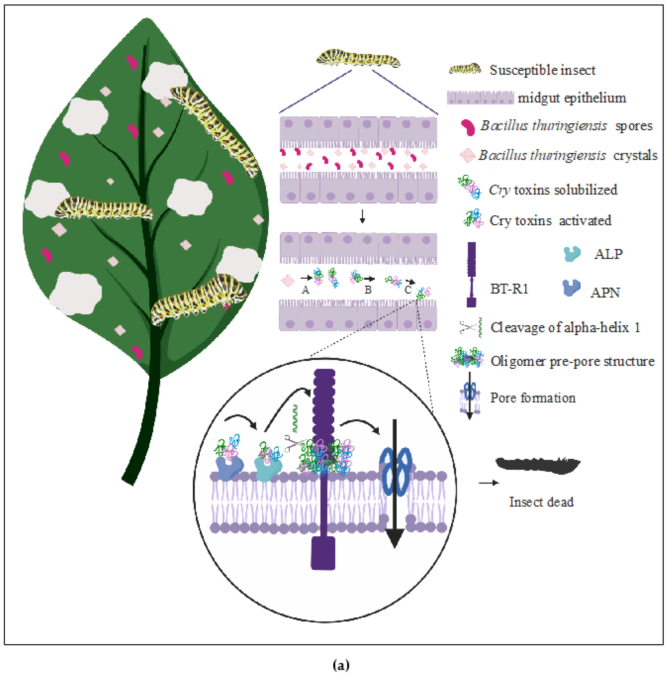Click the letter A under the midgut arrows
305,290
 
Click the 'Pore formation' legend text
533,398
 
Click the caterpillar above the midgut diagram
358,59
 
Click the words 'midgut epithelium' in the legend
572,98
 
